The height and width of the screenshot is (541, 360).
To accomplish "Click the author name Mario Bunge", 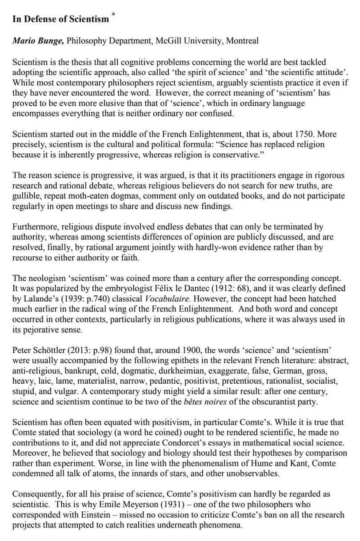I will coord(38,41).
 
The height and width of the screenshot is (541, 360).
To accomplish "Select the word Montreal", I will coord(242,41).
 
